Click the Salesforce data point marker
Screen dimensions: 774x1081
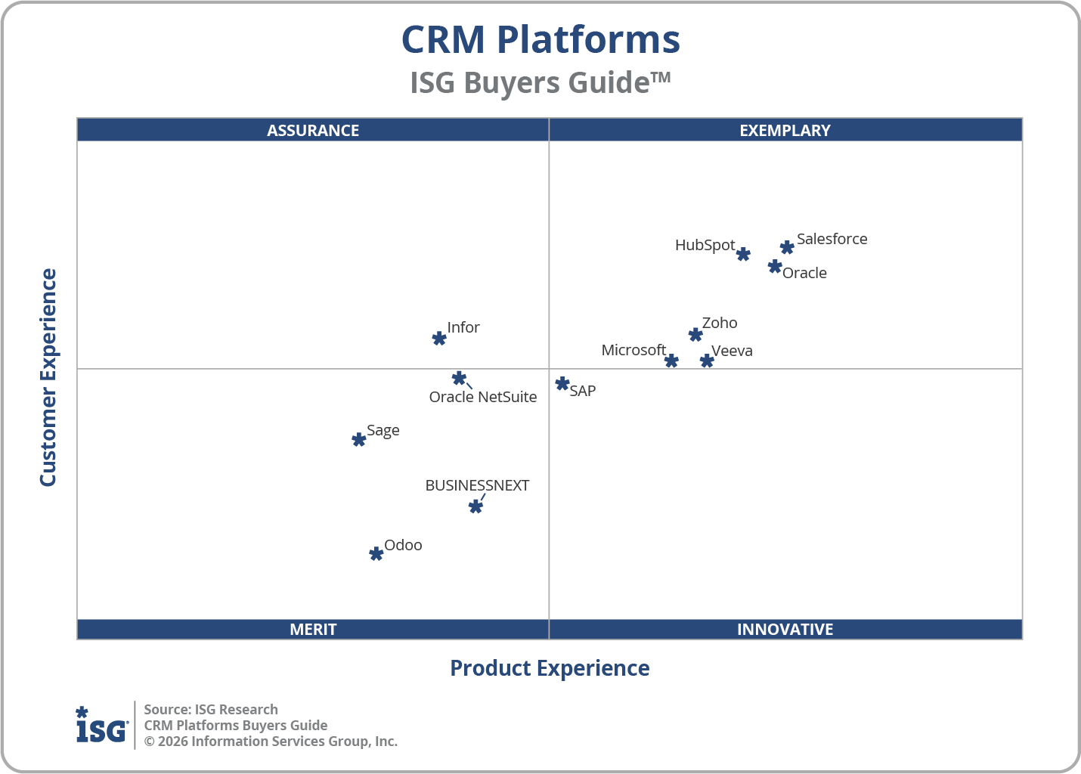(787, 247)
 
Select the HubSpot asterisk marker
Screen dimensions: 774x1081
(743, 254)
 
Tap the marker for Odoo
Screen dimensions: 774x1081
(376, 554)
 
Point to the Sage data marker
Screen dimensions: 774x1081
(359, 439)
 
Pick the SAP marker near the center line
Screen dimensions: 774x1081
(562, 384)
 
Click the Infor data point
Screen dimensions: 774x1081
(439, 338)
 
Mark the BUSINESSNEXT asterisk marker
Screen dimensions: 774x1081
(475, 506)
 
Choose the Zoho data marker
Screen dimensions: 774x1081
(695, 334)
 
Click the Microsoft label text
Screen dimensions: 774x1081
(633, 350)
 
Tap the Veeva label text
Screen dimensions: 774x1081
(732, 351)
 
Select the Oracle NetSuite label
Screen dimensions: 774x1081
(483, 397)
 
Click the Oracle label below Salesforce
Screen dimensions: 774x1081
(804, 273)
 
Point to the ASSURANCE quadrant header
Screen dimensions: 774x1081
(313, 130)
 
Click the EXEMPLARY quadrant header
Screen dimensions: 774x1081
(785, 130)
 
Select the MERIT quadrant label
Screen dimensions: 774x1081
(313, 629)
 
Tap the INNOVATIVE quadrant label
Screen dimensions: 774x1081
(785, 629)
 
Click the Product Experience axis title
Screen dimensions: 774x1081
(550, 668)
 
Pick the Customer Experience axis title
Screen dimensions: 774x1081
(48, 377)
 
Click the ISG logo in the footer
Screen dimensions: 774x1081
(101, 726)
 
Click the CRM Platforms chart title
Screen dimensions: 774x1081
(540, 39)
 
